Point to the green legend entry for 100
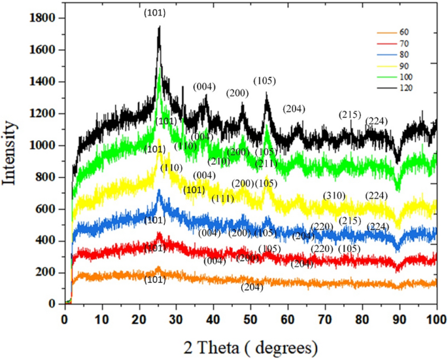pyautogui.click(x=398, y=77)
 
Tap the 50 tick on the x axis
pyautogui.click(x=250, y=319)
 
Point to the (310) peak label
pyautogui.click(x=335, y=196)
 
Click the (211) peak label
pyautogui.click(x=267, y=163)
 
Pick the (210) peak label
pyautogui.click(x=219, y=162)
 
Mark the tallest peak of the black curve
pyautogui.click(x=158, y=27)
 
